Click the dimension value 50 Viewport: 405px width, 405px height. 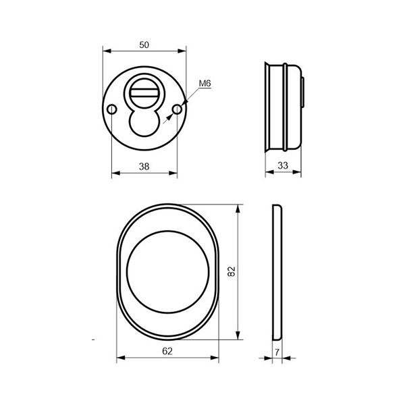click(x=144, y=45)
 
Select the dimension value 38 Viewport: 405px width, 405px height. click(x=144, y=167)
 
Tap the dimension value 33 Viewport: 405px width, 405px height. click(x=283, y=165)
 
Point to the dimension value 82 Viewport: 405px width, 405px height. click(x=232, y=271)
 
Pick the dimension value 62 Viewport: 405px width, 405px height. click(x=167, y=351)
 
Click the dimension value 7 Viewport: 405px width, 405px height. click(x=277, y=352)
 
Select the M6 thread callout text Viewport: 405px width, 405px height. click(x=205, y=84)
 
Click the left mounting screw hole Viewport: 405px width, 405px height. click(x=112, y=109)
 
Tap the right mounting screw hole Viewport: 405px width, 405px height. click(x=177, y=109)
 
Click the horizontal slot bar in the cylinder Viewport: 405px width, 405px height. click(x=144, y=92)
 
